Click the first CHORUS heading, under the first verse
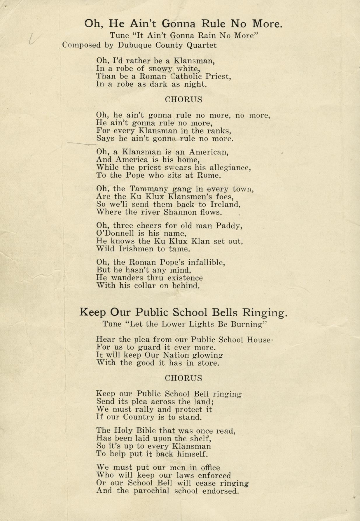click(x=184, y=99)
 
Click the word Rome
click(x=209, y=176)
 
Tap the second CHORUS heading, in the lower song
click(x=184, y=378)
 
